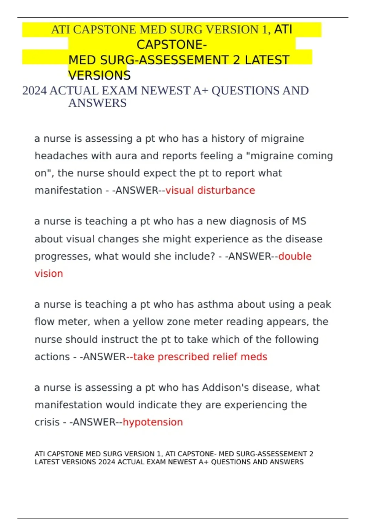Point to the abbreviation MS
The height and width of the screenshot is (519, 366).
click(299, 221)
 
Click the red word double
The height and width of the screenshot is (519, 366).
click(295, 256)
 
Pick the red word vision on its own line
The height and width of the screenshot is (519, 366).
click(49, 274)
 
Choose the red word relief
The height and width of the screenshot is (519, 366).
click(225, 357)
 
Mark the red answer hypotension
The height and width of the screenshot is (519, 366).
click(153, 422)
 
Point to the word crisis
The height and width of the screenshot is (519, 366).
click(47, 422)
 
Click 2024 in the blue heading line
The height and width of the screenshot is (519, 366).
click(34, 91)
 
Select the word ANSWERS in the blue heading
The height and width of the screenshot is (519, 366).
click(97, 103)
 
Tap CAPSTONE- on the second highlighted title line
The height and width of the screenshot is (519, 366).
click(172, 45)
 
